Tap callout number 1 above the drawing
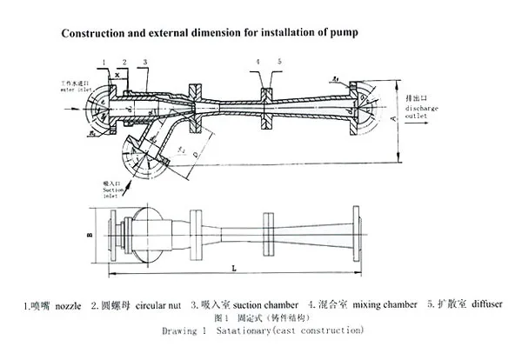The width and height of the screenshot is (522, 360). click(104, 61)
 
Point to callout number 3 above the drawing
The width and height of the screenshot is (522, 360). click(144, 61)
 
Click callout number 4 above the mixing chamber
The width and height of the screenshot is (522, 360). click(258, 62)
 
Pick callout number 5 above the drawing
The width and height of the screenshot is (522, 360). click(278, 62)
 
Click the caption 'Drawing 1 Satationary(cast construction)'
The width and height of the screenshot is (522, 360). click(263, 331)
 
